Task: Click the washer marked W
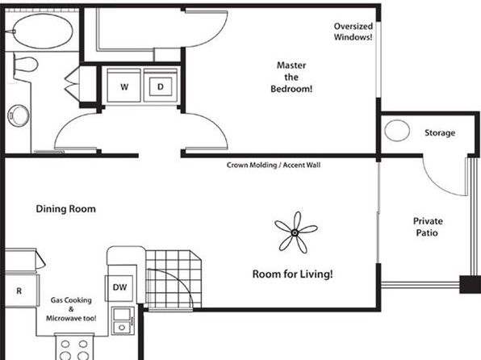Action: pyautogui.click(x=124, y=86)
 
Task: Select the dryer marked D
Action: pyautogui.click(x=161, y=86)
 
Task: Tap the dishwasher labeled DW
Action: pyautogui.click(x=119, y=287)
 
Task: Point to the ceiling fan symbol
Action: pyautogui.click(x=295, y=232)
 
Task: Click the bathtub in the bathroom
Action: pyautogui.click(x=42, y=31)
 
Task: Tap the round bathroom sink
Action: pyautogui.click(x=19, y=115)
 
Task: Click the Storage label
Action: pyautogui.click(x=440, y=133)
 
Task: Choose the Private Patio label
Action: pyautogui.click(x=427, y=227)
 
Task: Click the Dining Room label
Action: pyautogui.click(x=65, y=209)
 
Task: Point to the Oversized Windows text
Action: pyautogui.click(x=353, y=31)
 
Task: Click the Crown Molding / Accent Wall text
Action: pyautogui.click(x=274, y=165)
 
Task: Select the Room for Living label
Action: pyautogui.click(x=292, y=274)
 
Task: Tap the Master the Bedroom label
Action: pyautogui.click(x=291, y=77)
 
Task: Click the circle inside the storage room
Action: pyautogui.click(x=397, y=131)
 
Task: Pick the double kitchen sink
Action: pyautogui.click(x=123, y=320)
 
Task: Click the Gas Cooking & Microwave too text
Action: pyautogui.click(x=71, y=309)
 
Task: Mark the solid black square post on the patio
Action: pyautogui.click(x=470, y=284)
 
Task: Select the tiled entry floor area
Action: pyautogui.click(x=174, y=279)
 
